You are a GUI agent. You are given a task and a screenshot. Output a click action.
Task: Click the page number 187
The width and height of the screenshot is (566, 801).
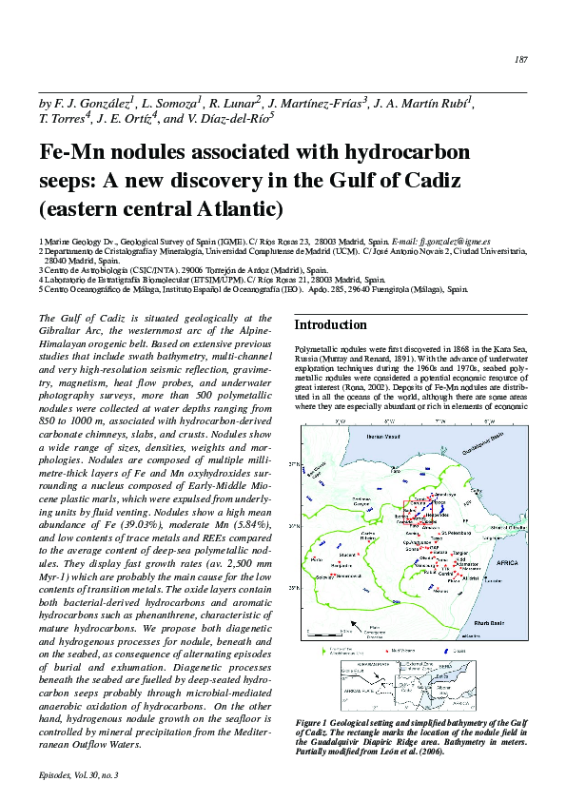pyautogui.click(x=520, y=60)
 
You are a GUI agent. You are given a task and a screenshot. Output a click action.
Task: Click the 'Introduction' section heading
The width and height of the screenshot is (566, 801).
pyautogui.click(x=329, y=325)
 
